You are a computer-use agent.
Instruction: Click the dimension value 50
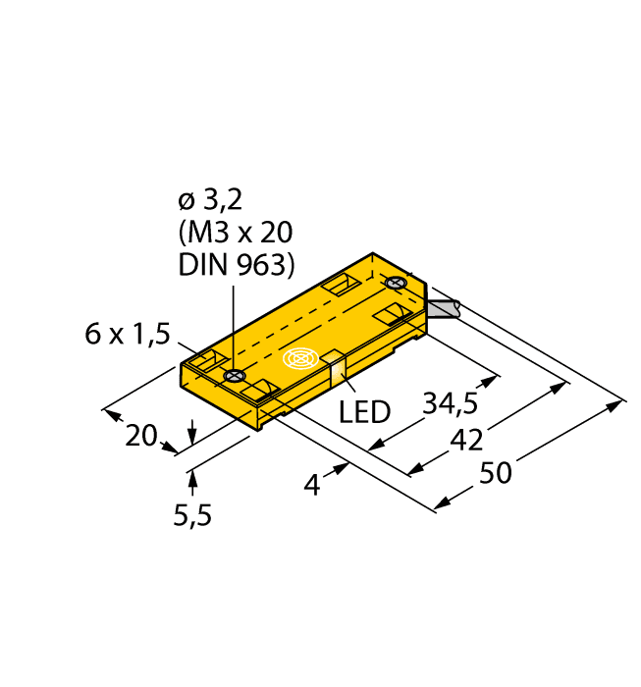496,473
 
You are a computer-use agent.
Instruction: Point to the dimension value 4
312,484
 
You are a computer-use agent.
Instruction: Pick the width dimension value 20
143,436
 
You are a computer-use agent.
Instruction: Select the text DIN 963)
236,264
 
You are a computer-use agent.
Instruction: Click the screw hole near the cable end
397,284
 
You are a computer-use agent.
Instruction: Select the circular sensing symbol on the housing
301,361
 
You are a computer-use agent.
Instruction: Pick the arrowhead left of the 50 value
441,503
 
